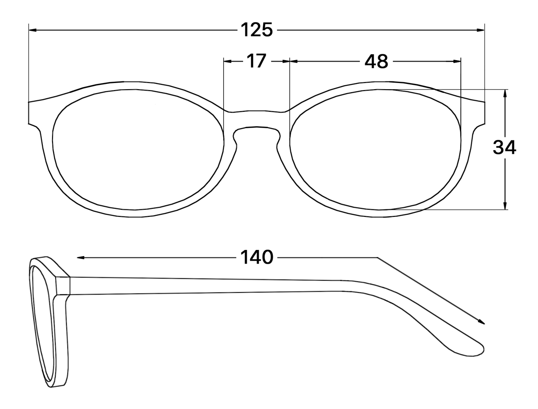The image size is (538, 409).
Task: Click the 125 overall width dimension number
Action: tap(256, 30)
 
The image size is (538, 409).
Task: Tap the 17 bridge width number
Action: tap(256, 61)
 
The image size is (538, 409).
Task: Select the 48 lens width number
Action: tap(376, 61)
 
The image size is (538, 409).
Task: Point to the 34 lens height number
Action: tap(504, 148)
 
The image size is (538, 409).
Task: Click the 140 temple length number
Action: tap(256, 257)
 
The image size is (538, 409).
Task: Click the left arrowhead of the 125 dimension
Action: tap(33, 30)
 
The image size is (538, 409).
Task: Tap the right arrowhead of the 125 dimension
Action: tap(480, 30)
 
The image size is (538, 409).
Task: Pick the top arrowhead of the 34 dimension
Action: tap(505, 94)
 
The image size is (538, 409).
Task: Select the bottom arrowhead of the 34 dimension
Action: tap(505, 205)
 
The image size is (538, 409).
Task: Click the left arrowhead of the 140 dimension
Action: tap(81, 258)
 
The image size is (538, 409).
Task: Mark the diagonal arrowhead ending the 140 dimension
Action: tap(481, 322)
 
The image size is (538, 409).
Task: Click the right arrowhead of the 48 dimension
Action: tap(457, 61)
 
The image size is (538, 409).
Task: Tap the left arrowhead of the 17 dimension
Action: tap(228, 61)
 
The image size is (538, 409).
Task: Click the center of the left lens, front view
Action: tap(138, 150)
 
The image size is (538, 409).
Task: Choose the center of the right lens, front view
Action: tap(375, 150)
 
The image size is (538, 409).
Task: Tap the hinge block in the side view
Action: tap(63, 285)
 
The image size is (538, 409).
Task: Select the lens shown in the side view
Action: tap(42, 324)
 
